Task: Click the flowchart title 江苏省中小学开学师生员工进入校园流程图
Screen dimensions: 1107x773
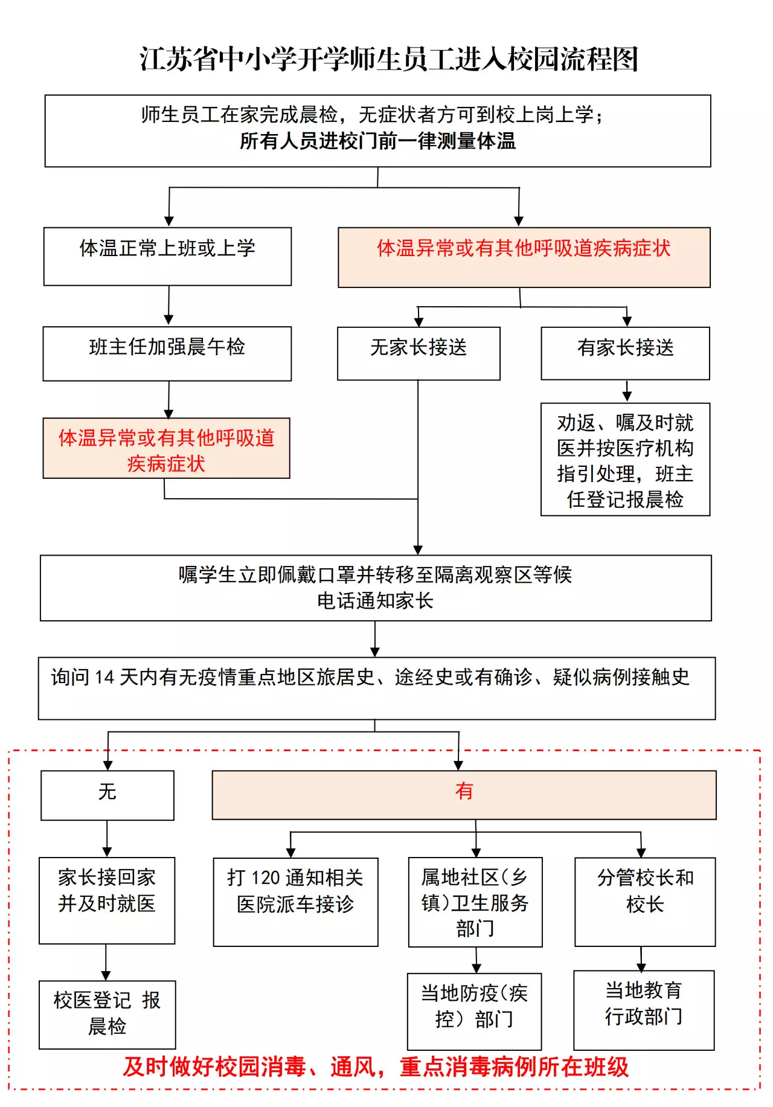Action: (x=389, y=59)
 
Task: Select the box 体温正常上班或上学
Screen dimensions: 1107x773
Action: (x=167, y=255)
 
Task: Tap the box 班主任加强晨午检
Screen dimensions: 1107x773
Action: (x=167, y=353)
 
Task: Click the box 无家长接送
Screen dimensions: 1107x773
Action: (x=419, y=353)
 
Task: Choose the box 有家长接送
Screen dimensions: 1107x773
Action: (x=625, y=353)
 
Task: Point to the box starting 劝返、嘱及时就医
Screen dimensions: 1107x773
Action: (x=625, y=460)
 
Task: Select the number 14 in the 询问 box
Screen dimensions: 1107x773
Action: (x=104, y=678)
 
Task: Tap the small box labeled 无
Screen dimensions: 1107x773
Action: (x=107, y=795)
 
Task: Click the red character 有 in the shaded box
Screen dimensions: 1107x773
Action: (x=464, y=791)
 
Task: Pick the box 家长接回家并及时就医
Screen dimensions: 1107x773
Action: (x=107, y=900)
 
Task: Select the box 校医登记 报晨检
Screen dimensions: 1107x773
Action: (x=107, y=1015)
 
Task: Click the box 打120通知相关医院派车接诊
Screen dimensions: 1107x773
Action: (x=295, y=902)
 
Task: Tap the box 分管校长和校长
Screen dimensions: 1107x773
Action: (x=645, y=902)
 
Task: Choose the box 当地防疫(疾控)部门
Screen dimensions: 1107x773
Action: (x=474, y=1011)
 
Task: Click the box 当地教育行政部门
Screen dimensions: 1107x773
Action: (x=644, y=1009)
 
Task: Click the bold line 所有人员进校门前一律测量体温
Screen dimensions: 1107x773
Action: (x=377, y=141)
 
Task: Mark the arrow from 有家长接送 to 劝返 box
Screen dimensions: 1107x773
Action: (x=627, y=391)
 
